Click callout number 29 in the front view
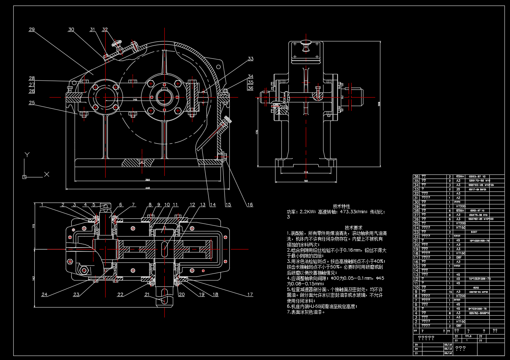pyautogui.click(x=32, y=30)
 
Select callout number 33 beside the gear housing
pyautogui.click(x=251, y=59)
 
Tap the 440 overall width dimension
pyautogui.click(x=148, y=188)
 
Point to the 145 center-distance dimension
pyautogui.click(x=135, y=99)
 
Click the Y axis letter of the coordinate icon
pyautogui.click(x=27, y=154)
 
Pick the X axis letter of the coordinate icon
pyautogui.click(x=47, y=174)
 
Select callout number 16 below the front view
pyautogui.click(x=250, y=205)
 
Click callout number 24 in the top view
pyautogui.click(x=44, y=295)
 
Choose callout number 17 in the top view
pyautogui.click(x=250, y=295)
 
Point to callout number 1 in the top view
pyautogui.click(x=42, y=204)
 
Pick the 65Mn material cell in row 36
pyautogui.click(x=459, y=177)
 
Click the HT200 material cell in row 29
pyautogui.click(x=461, y=206)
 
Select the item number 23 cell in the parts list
pyautogui.click(x=416, y=232)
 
